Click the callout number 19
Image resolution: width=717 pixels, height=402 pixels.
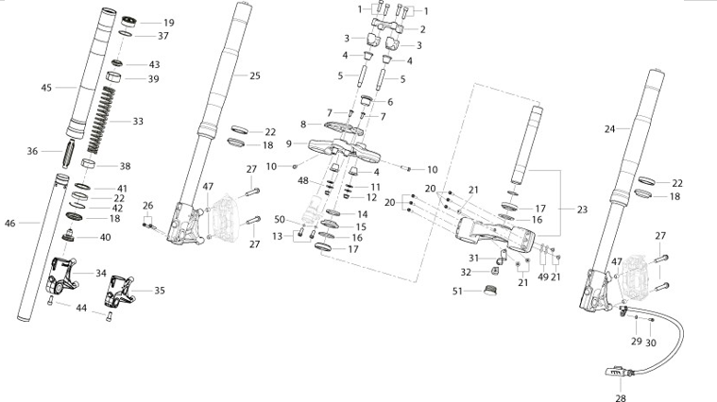[169, 23]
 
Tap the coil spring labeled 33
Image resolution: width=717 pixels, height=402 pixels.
[101, 119]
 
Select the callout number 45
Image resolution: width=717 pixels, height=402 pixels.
[46, 87]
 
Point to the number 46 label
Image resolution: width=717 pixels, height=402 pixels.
[9, 223]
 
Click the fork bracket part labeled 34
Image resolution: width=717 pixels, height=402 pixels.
[61, 276]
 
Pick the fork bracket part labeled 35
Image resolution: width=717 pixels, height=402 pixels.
[119, 292]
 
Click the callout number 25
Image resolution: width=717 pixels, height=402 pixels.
[255, 75]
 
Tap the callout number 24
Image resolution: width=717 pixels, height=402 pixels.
[609, 129]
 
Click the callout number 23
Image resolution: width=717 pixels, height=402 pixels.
[582, 209]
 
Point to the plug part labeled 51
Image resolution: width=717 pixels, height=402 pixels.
[490, 290]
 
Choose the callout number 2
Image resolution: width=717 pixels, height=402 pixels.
[423, 29]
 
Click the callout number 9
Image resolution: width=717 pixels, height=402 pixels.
[288, 143]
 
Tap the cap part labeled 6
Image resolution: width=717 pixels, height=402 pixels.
[365, 100]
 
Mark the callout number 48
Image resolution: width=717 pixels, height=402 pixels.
[303, 181]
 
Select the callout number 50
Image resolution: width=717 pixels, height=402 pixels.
[280, 220]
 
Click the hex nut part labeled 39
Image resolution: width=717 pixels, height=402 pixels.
[114, 76]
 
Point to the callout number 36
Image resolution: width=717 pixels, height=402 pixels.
[32, 151]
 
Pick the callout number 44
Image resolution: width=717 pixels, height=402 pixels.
[81, 308]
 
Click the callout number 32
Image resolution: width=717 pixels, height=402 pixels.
[466, 273]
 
